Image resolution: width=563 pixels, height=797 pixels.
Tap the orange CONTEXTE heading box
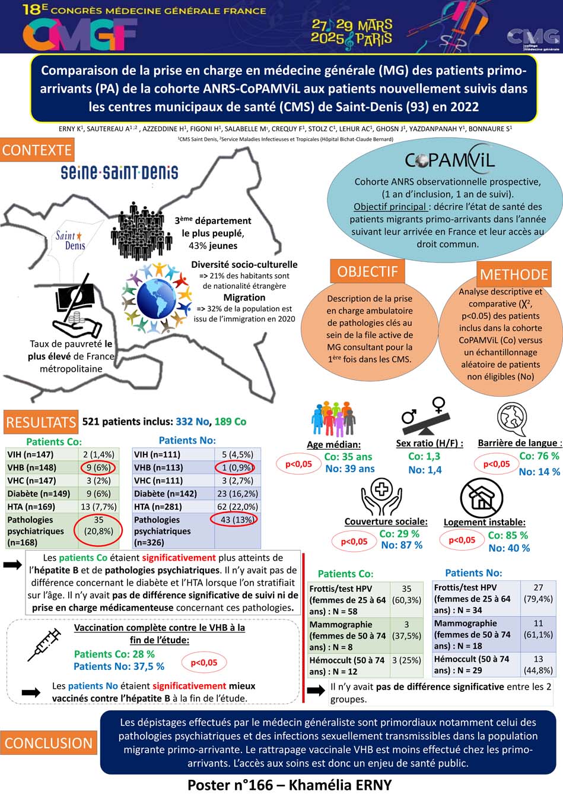click(x=37, y=150)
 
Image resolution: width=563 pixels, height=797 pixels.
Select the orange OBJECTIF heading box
click(x=367, y=271)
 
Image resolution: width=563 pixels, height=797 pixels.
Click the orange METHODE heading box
click(x=514, y=274)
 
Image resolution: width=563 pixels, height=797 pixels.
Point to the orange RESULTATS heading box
click(x=41, y=422)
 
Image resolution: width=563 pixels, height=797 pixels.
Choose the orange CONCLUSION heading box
click(x=49, y=743)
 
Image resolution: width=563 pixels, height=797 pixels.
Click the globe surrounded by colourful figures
click(x=157, y=298)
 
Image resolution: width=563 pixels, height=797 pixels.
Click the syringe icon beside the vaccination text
click(x=44, y=644)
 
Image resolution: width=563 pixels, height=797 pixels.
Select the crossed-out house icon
click(x=482, y=498)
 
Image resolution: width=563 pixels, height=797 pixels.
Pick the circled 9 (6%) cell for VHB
click(x=98, y=467)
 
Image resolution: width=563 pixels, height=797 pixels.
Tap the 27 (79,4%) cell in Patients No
click(x=538, y=593)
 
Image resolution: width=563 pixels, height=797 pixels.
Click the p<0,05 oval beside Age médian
click(x=298, y=464)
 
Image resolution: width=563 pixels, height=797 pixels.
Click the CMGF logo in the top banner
click(x=80, y=34)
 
